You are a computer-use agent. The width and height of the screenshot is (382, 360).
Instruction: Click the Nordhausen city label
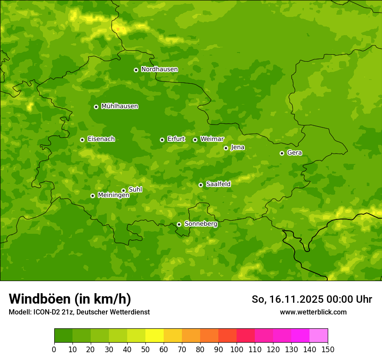click(x=159, y=69)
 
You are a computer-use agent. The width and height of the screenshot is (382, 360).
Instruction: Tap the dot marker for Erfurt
click(x=162, y=140)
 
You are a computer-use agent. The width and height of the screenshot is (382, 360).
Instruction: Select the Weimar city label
click(x=212, y=139)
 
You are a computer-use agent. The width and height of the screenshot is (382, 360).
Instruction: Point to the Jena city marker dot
click(x=226, y=148)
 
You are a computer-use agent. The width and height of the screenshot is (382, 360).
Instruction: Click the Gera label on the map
click(x=294, y=153)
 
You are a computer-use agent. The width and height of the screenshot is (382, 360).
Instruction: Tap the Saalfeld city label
click(x=218, y=184)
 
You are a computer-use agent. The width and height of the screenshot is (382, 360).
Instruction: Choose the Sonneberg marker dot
click(x=179, y=224)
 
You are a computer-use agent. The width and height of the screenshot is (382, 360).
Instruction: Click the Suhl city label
click(x=135, y=190)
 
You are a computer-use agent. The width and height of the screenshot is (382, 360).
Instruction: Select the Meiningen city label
click(x=113, y=195)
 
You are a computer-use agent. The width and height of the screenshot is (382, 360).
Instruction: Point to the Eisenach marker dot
click(x=82, y=140)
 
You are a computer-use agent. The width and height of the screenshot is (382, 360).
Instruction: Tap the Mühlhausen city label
click(x=119, y=106)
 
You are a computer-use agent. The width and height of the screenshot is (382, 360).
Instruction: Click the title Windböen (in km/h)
click(x=69, y=299)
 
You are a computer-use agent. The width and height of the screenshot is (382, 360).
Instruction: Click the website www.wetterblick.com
click(x=313, y=312)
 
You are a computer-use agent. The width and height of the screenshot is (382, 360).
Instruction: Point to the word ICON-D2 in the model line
click(x=46, y=312)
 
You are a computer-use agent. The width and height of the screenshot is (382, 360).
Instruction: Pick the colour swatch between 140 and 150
click(x=319, y=336)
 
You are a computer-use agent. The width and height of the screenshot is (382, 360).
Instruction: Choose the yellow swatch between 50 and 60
click(x=155, y=336)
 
